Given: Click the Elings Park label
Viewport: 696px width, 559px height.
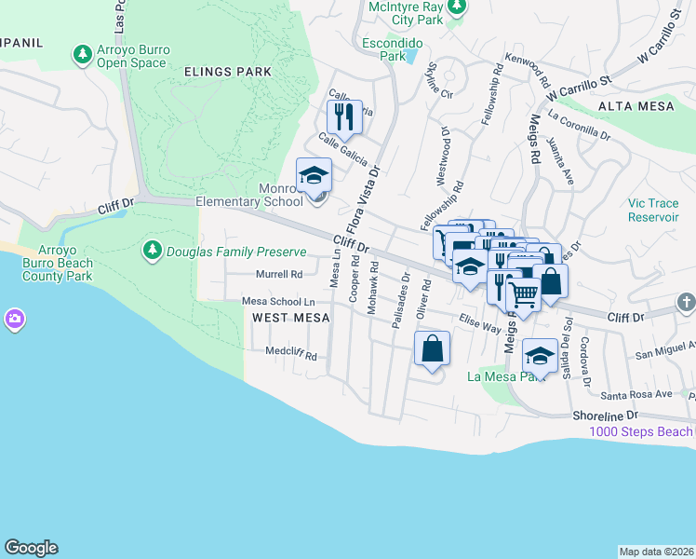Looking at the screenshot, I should pyautogui.click(x=228, y=71).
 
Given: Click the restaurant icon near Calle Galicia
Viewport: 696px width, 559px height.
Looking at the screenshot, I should pyautogui.click(x=343, y=117).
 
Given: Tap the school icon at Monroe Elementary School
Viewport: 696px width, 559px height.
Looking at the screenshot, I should pyautogui.click(x=314, y=176).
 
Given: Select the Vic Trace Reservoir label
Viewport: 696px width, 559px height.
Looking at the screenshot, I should pyautogui.click(x=653, y=210).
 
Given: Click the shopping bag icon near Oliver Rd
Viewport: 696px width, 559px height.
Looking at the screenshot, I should pyautogui.click(x=433, y=349).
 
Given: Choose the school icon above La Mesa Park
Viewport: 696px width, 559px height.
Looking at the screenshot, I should pyautogui.click(x=540, y=355).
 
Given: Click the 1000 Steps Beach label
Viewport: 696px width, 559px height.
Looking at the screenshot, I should pyautogui.click(x=641, y=431).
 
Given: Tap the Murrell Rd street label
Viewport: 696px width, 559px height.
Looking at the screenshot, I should pyautogui.click(x=279, y=274).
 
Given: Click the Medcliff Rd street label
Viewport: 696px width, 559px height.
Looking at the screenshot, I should pyautogui.click(x=291, y=356).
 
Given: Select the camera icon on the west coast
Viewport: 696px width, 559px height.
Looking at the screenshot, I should pyautogui.click(x=14, y=320).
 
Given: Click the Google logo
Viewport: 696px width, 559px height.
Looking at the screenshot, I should pyautogui.click(x=31, y=548).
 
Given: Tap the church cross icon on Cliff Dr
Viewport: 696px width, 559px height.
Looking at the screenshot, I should pyautogui.click(x=686, y=303).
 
